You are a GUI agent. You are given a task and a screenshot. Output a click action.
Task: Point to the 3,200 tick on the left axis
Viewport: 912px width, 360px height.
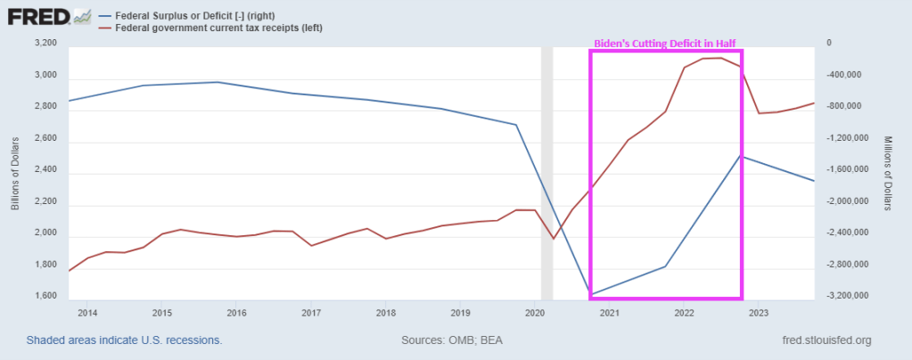click(45, 43)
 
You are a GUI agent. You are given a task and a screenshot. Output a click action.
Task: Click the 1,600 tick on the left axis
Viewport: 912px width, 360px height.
click(45, 296)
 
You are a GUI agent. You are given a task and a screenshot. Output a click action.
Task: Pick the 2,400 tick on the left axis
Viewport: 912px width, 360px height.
click(45, 169)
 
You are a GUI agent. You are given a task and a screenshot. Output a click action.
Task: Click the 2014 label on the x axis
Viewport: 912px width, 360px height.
click(88, 313)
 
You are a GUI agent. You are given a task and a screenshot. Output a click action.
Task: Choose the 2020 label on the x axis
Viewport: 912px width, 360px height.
click(536, 313)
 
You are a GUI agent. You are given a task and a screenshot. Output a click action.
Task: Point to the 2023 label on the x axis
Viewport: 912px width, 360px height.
click(759, 313)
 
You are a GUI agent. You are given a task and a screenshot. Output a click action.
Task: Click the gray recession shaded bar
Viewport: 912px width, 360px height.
click(547, 169)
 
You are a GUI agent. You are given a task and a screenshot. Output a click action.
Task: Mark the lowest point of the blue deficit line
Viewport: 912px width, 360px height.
click(591, 293)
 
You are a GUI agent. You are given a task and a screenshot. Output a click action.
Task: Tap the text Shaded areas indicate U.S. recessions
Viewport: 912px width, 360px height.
click(124, 340)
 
